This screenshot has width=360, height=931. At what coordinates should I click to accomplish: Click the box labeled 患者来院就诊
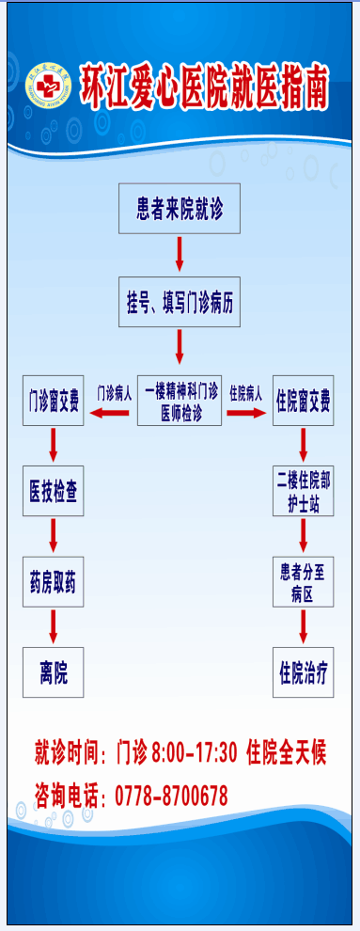(180, 207)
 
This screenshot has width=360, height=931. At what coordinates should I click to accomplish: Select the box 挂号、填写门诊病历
(180, 301)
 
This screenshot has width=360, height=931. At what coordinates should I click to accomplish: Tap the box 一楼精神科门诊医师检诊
(180, 399)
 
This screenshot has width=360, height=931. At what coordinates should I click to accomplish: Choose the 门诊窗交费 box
(54, 401)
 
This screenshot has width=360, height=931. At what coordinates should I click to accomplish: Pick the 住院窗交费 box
(304, 401)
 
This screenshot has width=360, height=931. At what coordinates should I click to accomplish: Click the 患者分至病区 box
(304, 581)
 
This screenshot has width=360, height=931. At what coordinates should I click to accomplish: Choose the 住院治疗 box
(304, 671)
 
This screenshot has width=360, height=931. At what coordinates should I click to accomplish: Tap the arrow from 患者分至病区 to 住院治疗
(304, 624)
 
